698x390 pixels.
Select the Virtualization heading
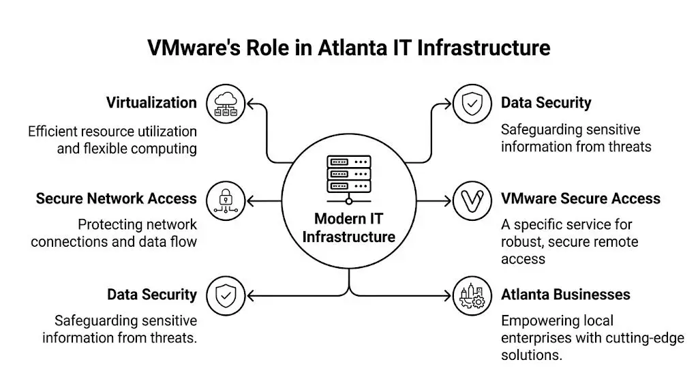(x=151, y=103)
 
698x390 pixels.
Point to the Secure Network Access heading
(x=116, y=198)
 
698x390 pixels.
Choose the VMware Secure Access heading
(x=580, y=198)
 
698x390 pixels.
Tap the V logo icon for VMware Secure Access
(x=472, y=200)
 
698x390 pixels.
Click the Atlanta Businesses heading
(x=565, y=295)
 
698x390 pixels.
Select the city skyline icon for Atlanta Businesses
(x=472, y=296)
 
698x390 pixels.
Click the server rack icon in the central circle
(x=348, y=176)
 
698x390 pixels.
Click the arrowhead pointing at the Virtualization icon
(x=250, y=104)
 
